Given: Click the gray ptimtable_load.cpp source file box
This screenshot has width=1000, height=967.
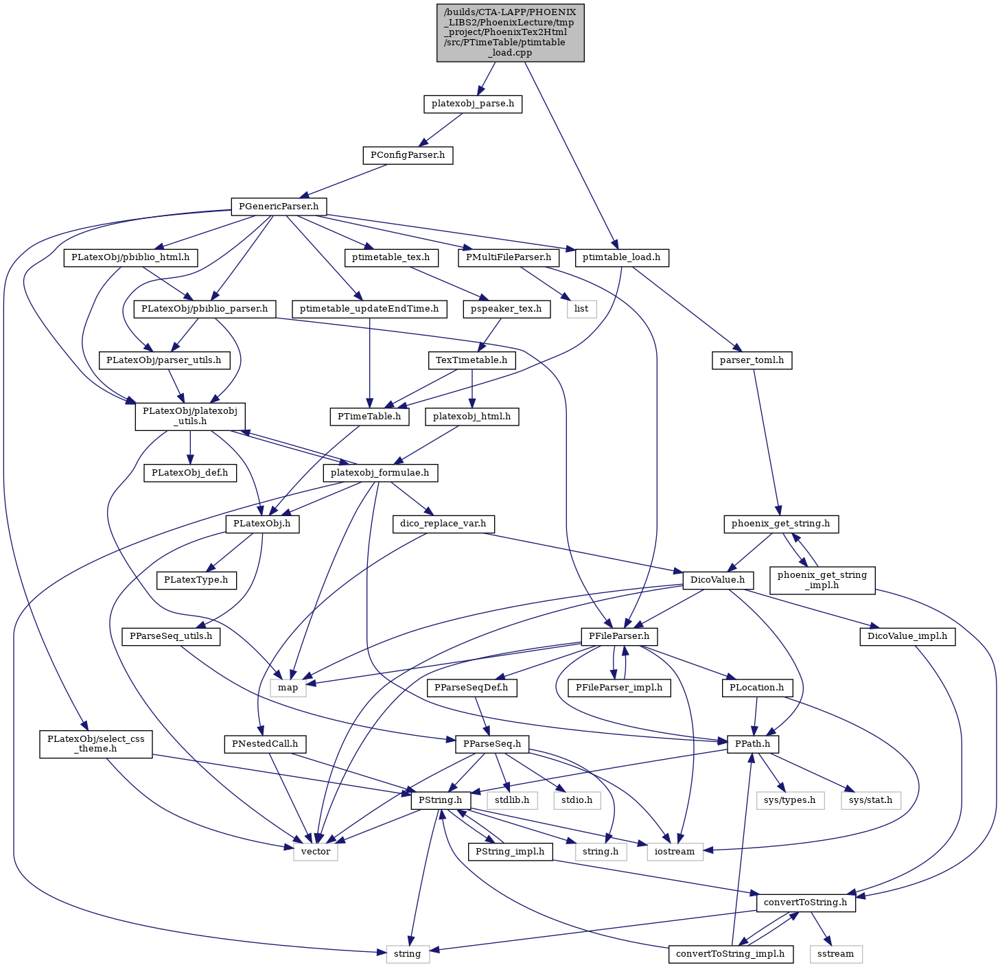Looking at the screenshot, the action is (510, 33).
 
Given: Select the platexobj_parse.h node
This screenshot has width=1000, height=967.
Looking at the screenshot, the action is (472, 104).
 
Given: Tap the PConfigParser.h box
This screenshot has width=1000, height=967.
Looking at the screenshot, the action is (408, 155).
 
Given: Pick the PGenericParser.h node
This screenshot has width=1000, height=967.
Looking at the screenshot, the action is (279, 207).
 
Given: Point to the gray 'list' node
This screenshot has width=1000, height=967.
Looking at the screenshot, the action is (581, 309).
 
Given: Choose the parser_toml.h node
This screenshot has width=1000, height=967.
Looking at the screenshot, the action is (752, 360).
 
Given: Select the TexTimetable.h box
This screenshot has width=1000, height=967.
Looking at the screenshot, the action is (472, 360).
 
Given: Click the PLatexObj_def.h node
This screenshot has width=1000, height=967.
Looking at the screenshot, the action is (190, 472).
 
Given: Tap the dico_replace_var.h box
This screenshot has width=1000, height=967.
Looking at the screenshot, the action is (443, 524).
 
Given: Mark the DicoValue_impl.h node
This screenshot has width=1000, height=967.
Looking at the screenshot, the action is (907, 636).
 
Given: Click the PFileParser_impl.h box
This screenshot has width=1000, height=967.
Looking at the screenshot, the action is (618, 688).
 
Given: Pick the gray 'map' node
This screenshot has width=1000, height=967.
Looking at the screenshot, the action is (288, 688).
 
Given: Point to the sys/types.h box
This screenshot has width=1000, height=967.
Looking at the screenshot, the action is (790, 800).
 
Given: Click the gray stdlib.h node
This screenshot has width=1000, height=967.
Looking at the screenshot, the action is (512, 800).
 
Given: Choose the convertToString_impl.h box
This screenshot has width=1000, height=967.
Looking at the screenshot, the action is (730, 954).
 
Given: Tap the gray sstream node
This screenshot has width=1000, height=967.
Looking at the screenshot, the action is (835, 954).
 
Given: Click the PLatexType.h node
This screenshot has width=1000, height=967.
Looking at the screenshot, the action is (196, 580).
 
